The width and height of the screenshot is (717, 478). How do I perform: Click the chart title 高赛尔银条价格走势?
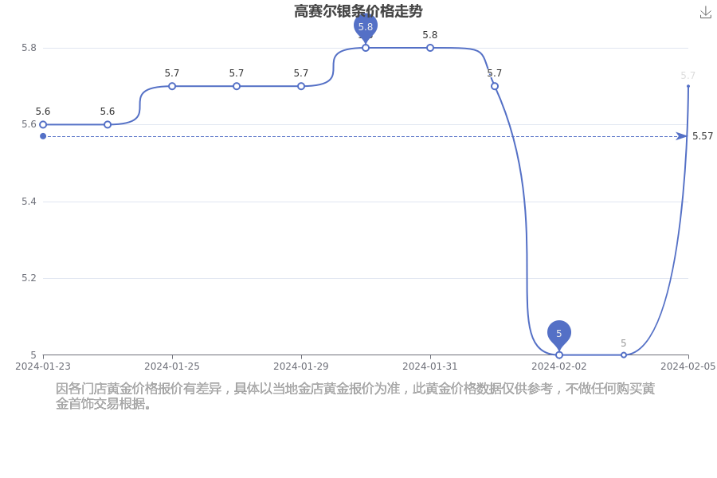(x=358, y=11)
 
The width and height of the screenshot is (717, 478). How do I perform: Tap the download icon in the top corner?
(x=706, y=13)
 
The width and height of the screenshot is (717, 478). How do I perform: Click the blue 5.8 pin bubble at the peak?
(x=366, y=27)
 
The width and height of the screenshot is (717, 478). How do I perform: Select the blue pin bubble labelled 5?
(x=558, y=335)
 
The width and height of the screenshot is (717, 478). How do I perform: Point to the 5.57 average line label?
(x=703, y=136)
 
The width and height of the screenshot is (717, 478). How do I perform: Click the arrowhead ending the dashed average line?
(x=681, y=136)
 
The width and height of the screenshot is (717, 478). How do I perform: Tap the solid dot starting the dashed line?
(x=43, y=136)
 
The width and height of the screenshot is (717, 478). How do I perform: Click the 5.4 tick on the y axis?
(x=29, y=202)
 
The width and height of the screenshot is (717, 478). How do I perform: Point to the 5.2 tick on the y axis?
(x=29, y=278)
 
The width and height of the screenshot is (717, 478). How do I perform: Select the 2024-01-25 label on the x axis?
(x=172, y=366)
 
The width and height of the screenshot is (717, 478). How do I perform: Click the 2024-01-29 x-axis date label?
(x=301, y=366)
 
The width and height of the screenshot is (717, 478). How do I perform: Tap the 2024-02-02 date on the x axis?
(x=558, y=366)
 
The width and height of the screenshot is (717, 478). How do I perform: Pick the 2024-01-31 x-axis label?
(x=430, y=366)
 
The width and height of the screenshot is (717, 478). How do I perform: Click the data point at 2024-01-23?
(x=43, y=124)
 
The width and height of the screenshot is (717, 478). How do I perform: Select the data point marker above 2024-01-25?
(x=172, y=86)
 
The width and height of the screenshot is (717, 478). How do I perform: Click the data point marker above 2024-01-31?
(x=430, y=48)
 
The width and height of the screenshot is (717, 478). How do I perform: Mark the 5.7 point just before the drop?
(x=494, y=86)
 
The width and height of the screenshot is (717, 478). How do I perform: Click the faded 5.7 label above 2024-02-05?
(x=688, y=76)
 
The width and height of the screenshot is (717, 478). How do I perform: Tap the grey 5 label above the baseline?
(x=623, y=343)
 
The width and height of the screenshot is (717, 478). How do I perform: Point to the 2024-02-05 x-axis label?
(x=688, y=366)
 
